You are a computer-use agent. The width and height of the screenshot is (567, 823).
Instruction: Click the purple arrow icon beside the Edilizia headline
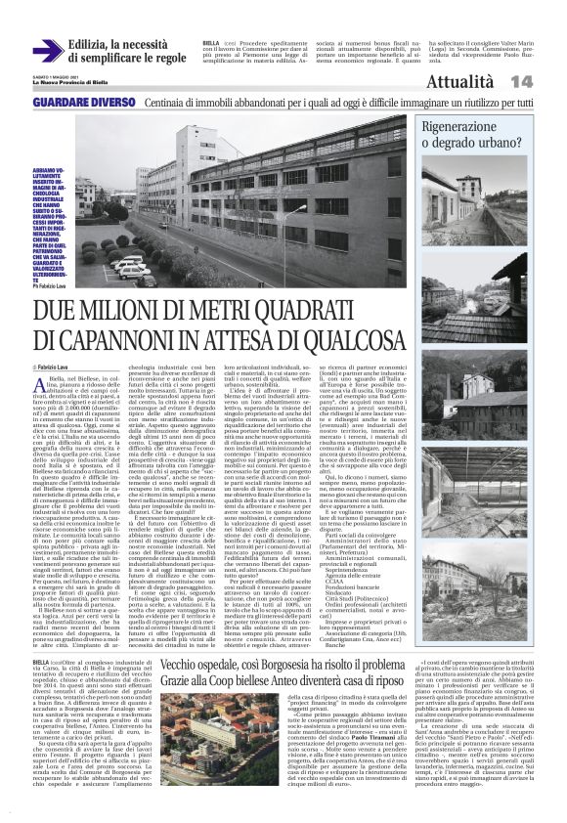[x=47, y=50]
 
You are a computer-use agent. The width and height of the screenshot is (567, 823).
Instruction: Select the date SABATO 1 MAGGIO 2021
[x=53, y=77]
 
